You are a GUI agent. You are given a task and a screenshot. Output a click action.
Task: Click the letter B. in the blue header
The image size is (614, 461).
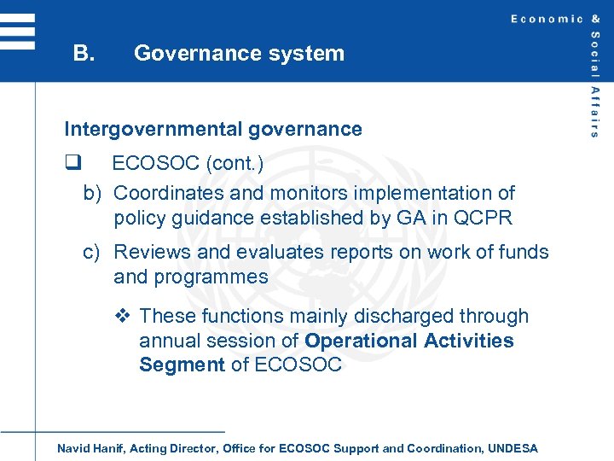coord(84,53)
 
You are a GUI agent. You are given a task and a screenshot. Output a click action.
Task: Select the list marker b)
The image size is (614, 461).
coord(94,194)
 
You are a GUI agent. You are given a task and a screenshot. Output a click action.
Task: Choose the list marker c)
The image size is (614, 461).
coord(94,253)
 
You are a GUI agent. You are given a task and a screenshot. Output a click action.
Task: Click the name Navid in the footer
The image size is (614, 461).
coord(73,448)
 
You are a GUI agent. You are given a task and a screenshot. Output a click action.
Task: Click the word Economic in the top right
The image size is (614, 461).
coord(547,19)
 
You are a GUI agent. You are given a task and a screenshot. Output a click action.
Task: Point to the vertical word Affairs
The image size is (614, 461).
coord(594,111)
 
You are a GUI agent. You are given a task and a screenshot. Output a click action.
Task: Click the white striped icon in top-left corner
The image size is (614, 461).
coord(17,32)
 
